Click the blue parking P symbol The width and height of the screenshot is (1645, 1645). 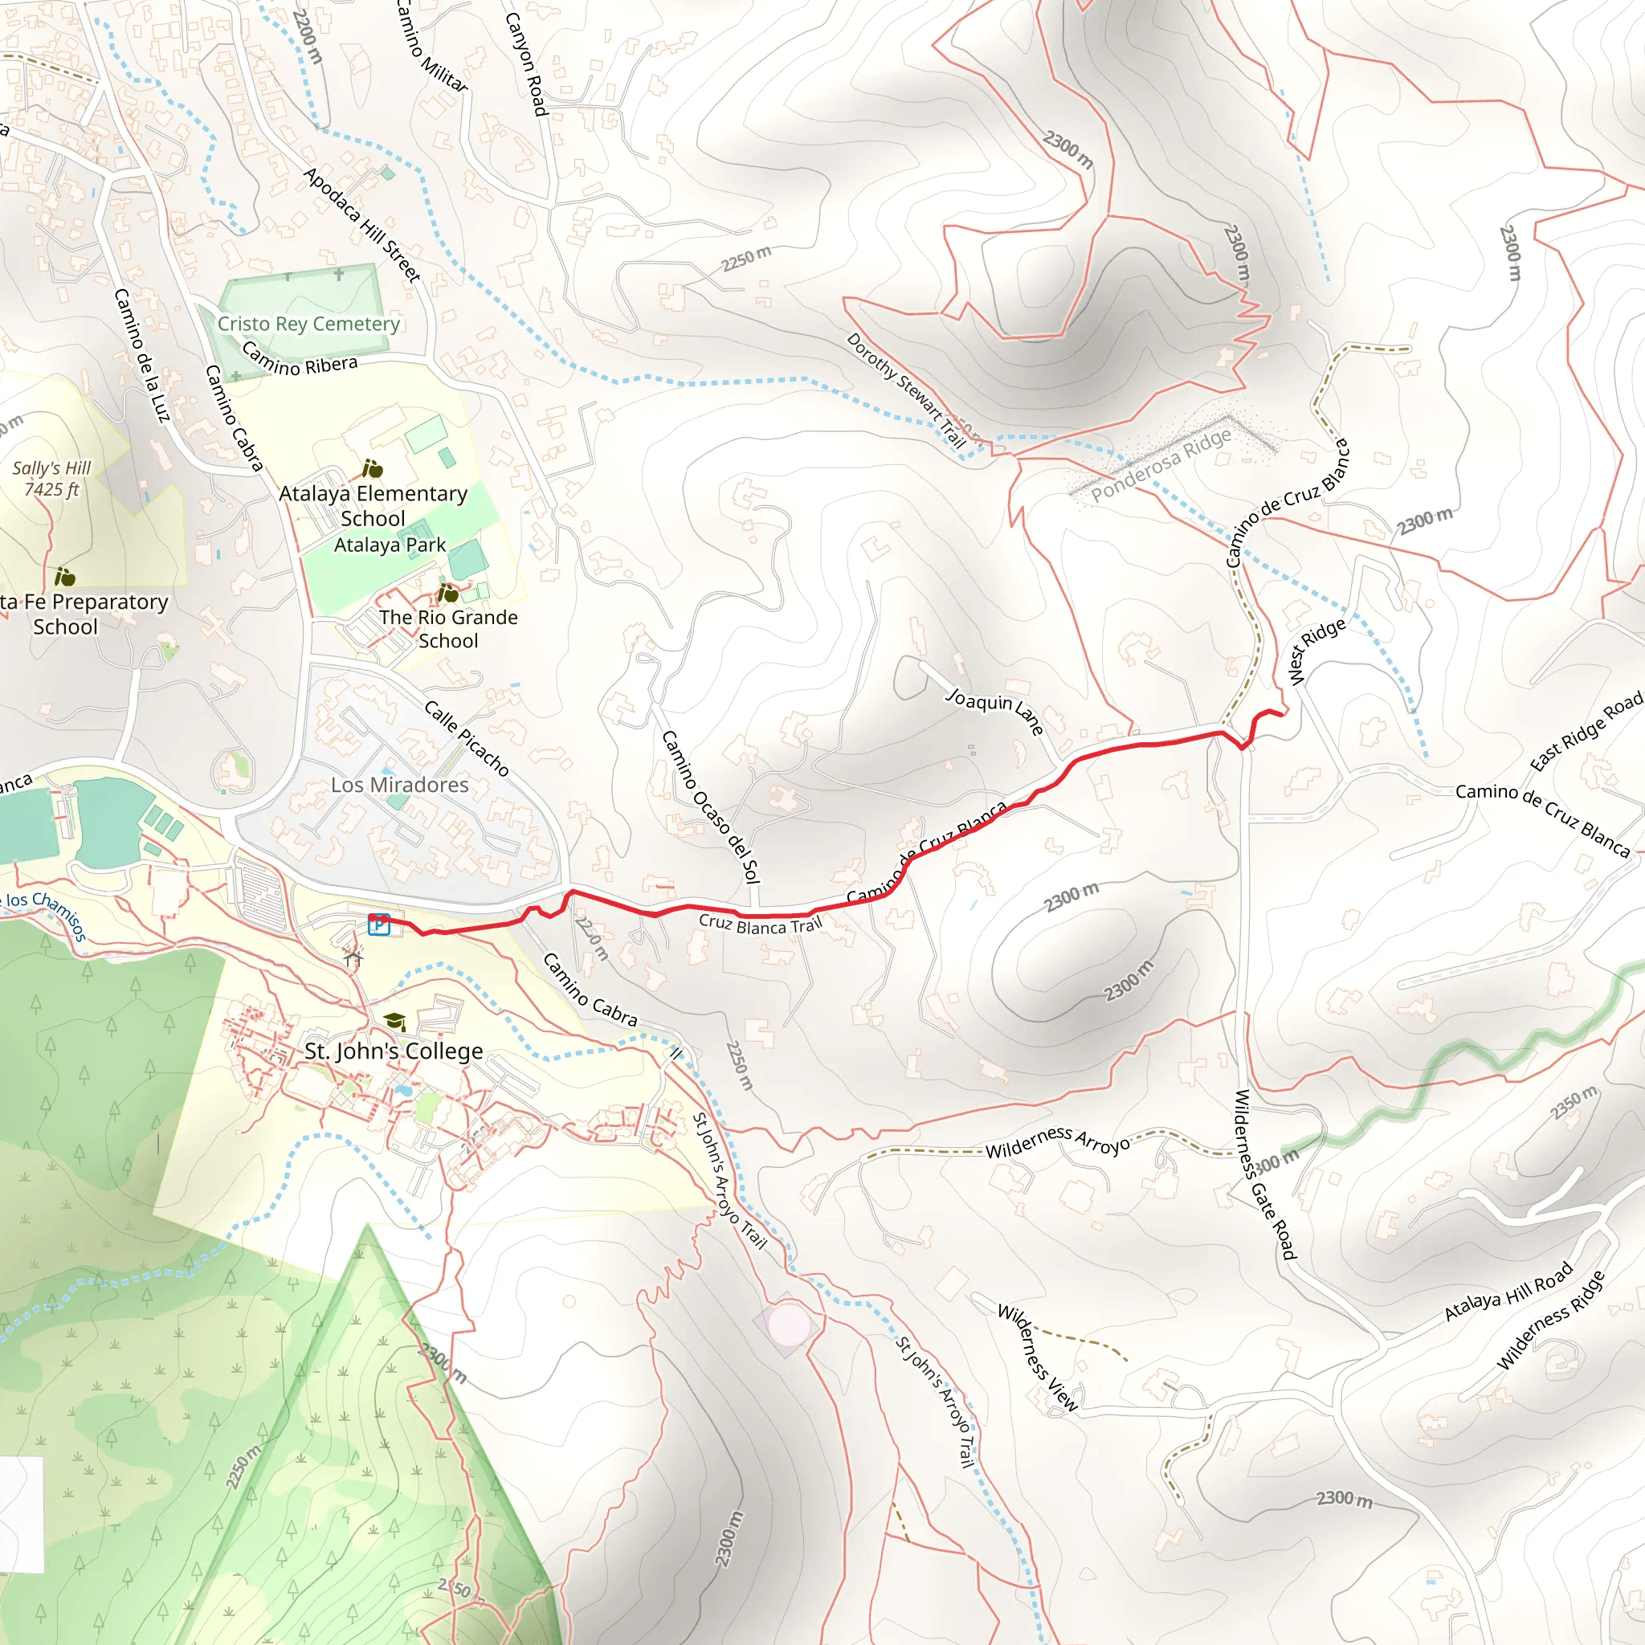click(x=379, y=924)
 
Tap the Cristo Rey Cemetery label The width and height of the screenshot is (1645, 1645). click(x=308, y=324)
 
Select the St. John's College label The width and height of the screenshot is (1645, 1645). click(x=394, y=1051)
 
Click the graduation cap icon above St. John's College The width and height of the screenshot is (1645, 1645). click(x=394, y=1021)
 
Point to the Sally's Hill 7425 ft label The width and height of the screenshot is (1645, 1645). click(x=51, y=479)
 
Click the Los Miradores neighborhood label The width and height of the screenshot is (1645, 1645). click(x=399, y=784)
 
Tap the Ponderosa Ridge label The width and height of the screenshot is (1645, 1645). click(x=1161, y=465)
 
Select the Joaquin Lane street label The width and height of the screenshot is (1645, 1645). click(x=994, y=712)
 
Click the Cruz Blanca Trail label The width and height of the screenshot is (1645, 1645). click(x=761, y=925)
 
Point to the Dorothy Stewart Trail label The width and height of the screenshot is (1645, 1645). click(x=906, y=390)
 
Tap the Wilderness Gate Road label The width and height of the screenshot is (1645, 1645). click(x=1264, y=1175)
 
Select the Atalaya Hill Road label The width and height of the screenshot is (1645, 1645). click(x=1508, y=1291)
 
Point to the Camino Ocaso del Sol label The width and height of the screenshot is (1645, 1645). click(x=710, y=806)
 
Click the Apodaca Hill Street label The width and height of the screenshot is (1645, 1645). click(x=362, y=225)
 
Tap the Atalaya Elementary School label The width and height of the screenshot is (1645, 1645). click(x=373, y=506)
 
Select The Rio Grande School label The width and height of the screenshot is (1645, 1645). click(x=448, y=628)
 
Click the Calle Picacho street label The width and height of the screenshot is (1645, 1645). click(x=466, y=737)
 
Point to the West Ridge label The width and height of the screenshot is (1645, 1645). click(x=1316, y=651)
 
